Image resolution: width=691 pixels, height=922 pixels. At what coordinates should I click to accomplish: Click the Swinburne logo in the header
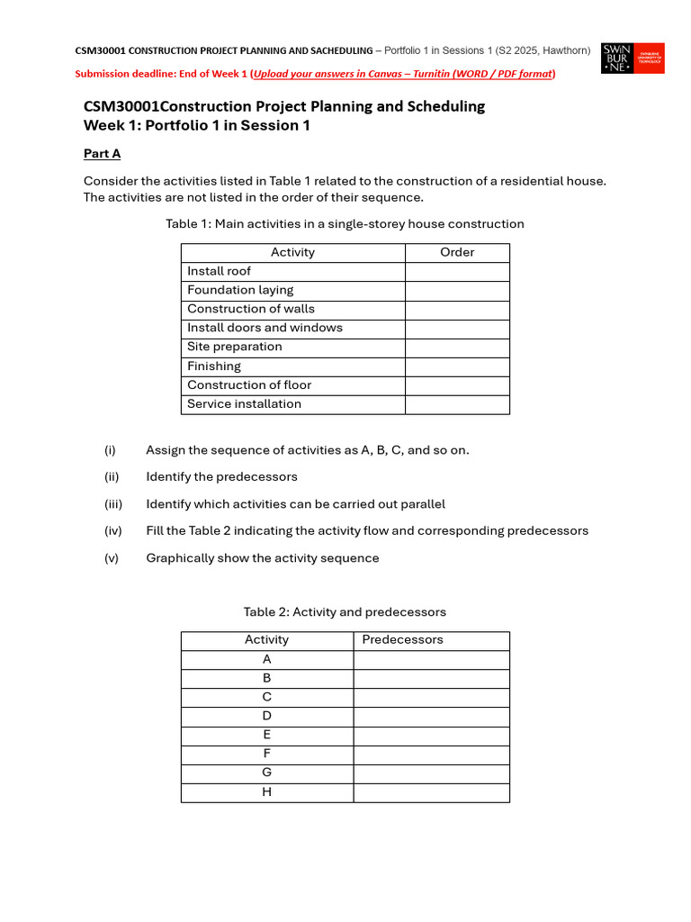[633, 58]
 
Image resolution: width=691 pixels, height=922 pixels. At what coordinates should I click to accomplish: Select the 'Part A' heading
[102, 154]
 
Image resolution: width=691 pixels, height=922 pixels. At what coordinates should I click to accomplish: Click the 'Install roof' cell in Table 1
[220, 271]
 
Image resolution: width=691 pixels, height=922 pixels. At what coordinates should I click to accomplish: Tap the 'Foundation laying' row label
[240, 290]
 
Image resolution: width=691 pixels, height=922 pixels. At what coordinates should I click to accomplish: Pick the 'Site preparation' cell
[235, 347]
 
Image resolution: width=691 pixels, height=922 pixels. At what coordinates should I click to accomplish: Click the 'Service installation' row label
[244, 403]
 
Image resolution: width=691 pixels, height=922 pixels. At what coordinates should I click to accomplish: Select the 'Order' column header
[457, 252]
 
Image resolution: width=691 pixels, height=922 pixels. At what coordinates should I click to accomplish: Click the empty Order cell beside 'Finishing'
[457, 366]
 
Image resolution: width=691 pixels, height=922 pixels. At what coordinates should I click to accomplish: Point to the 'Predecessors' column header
[402, 639]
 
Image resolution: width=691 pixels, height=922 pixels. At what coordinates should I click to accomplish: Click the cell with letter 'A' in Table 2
[267, 659]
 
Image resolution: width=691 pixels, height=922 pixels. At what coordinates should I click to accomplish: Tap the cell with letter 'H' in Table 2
[267, 792]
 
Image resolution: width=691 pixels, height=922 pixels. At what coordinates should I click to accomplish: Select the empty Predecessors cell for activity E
[431, 735]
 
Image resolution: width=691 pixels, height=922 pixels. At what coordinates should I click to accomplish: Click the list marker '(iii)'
[112, 504]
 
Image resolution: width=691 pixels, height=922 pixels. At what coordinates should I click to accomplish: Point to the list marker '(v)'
[111, 558]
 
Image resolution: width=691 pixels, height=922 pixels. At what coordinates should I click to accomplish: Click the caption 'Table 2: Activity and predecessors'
[345, 612]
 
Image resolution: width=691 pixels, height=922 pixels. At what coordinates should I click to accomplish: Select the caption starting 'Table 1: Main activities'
[345, 224]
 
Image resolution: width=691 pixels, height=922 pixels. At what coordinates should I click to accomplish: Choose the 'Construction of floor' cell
[249, 384]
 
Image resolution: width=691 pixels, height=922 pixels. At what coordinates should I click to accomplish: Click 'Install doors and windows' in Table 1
[265, 328]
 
